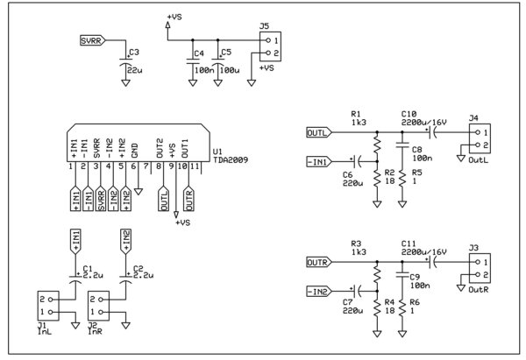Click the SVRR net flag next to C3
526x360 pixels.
[x=90, y=40]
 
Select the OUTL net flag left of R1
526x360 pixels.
[x=317, y=133]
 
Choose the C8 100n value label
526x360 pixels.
[x=422, y=159]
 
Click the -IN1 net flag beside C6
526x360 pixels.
[x=318, y=162]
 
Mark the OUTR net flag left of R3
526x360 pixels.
[x=317, y=262]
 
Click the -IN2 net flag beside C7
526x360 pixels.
[x=318, y=291]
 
